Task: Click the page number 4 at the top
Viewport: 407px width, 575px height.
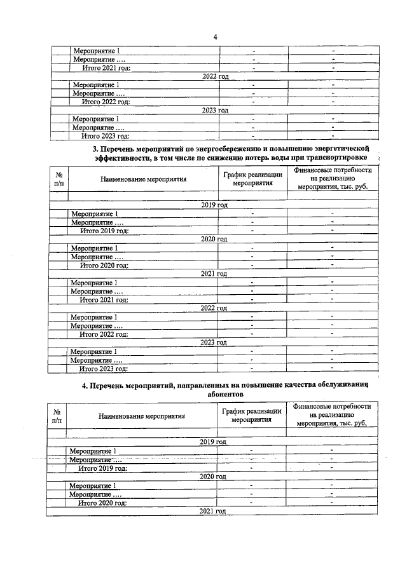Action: click(216, 37)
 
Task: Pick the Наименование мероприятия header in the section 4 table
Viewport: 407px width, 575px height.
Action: click(141, 417)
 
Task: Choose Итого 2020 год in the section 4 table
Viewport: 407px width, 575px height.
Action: click(102, 502)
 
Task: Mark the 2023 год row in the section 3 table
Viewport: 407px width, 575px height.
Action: click(214, 342)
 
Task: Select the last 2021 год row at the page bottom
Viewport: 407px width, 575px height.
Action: click(213, 511)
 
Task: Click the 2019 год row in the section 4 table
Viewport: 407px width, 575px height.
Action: click(213, 442)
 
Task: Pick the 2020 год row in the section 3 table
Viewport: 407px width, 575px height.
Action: click(214, 239)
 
